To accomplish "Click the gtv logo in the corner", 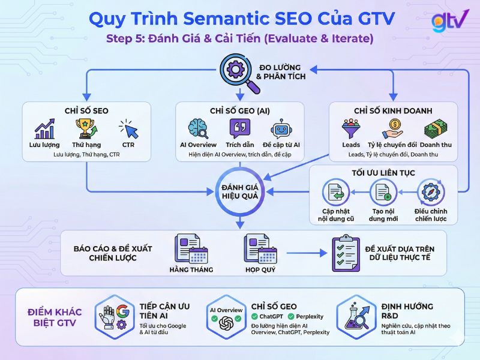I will point(450,20).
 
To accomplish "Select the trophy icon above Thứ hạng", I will point(83,128).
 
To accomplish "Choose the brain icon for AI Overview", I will point(198,128).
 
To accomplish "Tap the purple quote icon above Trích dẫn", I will point(240,128).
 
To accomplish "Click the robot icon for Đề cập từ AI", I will point(281,128).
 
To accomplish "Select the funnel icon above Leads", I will point(350,128).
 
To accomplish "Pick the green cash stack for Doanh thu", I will point(436,128).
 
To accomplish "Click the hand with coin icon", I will point(392,128).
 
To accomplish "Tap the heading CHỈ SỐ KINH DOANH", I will point(393,111).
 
